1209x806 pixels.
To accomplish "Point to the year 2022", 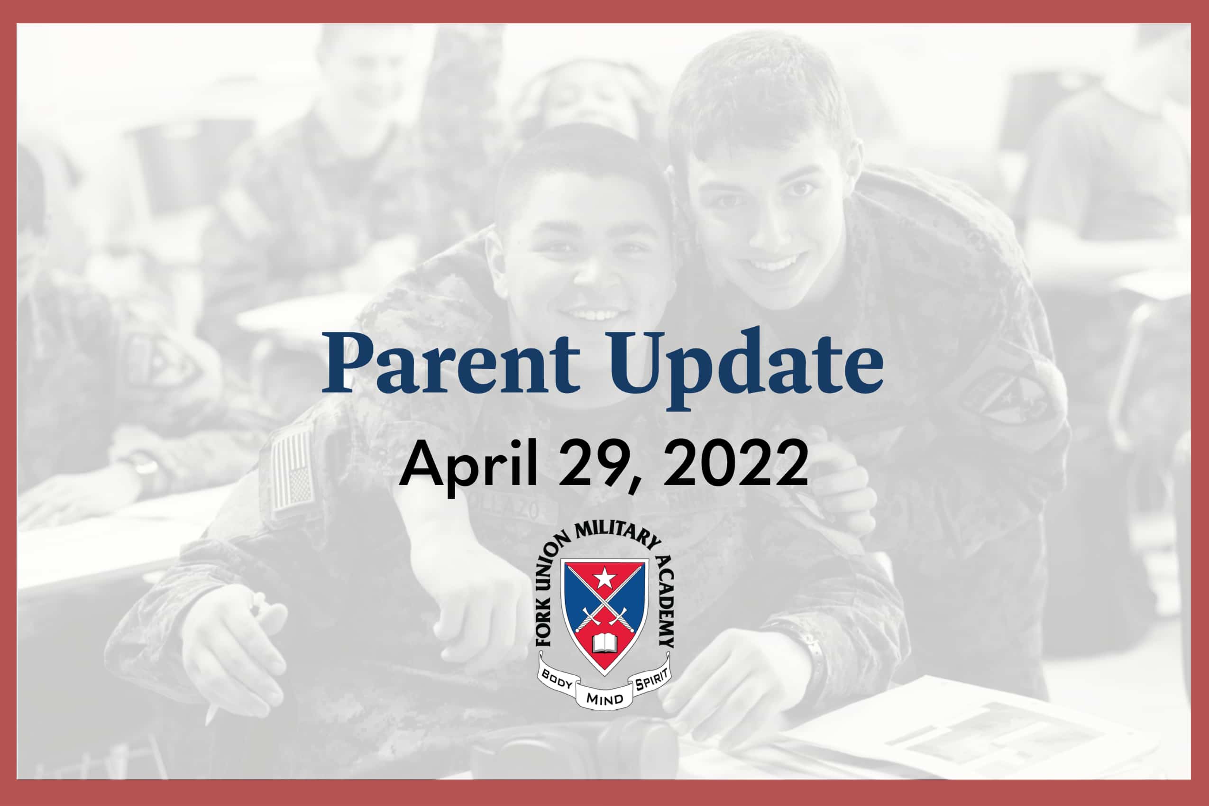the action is [x=735, y=464].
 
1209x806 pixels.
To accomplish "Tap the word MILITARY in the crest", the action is [x=617, y=537].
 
